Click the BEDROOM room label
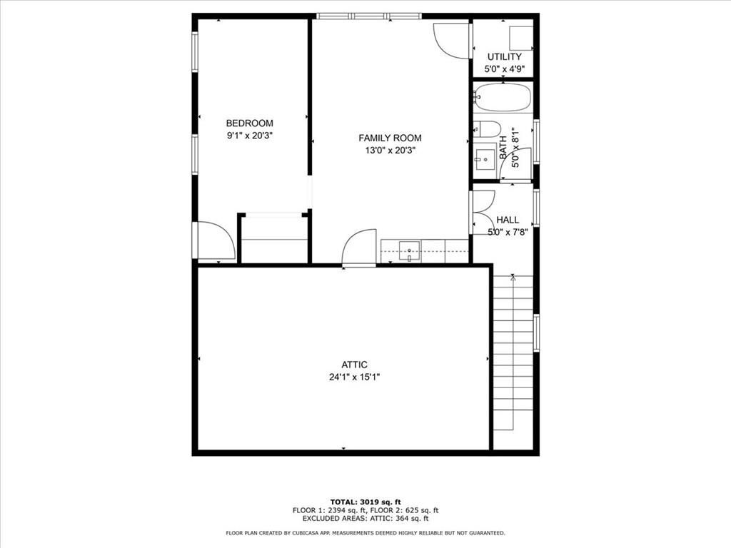point(249,123)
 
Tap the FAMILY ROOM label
point(390,138)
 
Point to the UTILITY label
point(504,56)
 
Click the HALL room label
point(508,220)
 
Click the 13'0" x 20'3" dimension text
point(390,151)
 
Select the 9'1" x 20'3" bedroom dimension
point(250,136)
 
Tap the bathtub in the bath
point(503,97)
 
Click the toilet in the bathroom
point(488,129)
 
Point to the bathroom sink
point(485,156)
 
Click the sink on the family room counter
point(409,250)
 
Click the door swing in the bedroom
point(215,240)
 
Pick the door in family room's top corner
point(452,39)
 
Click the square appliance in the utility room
point(520,37)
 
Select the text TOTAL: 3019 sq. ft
point(365,501)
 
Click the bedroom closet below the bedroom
point(274,239)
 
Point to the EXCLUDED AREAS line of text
point(365,519)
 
